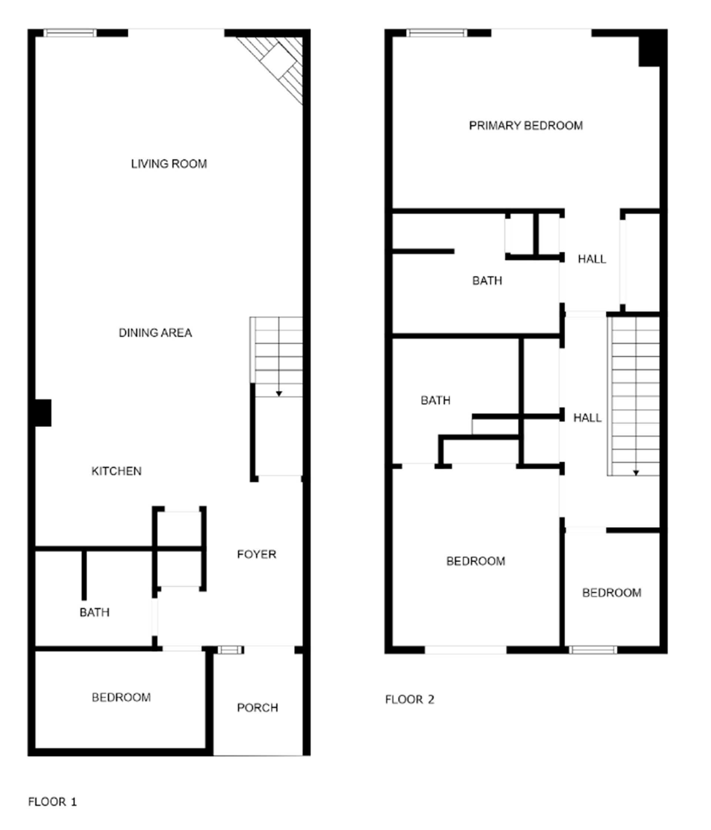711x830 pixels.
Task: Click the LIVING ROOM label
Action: tap(168, 164)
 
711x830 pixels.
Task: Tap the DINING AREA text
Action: tap(155, 333)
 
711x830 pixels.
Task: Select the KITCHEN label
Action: tap(116, 471)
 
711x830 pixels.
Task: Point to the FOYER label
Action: tap(256, 554)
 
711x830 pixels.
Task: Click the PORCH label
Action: tap(257, 708)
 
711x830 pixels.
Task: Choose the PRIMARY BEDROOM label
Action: tap(525, 126)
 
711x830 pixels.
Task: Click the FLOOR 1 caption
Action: tap(52, 801)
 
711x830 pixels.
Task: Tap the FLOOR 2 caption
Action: tap(409, 700)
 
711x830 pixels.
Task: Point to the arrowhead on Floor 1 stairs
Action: tap(279, 394)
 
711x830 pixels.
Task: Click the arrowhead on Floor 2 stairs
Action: tap(636, 473)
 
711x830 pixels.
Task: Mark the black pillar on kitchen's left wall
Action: tap(43, 413)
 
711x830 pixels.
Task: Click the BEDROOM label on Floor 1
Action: tap(121, 697)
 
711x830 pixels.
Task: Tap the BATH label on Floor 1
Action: tap(94, 612)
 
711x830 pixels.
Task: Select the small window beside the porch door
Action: tap(230, 650)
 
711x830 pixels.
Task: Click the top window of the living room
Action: tap(70, 33)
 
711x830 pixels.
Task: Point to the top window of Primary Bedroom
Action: tap(437, 33)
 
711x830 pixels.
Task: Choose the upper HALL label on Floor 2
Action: tap(592, 259)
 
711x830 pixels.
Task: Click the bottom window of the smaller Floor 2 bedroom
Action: tap(593, 650)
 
